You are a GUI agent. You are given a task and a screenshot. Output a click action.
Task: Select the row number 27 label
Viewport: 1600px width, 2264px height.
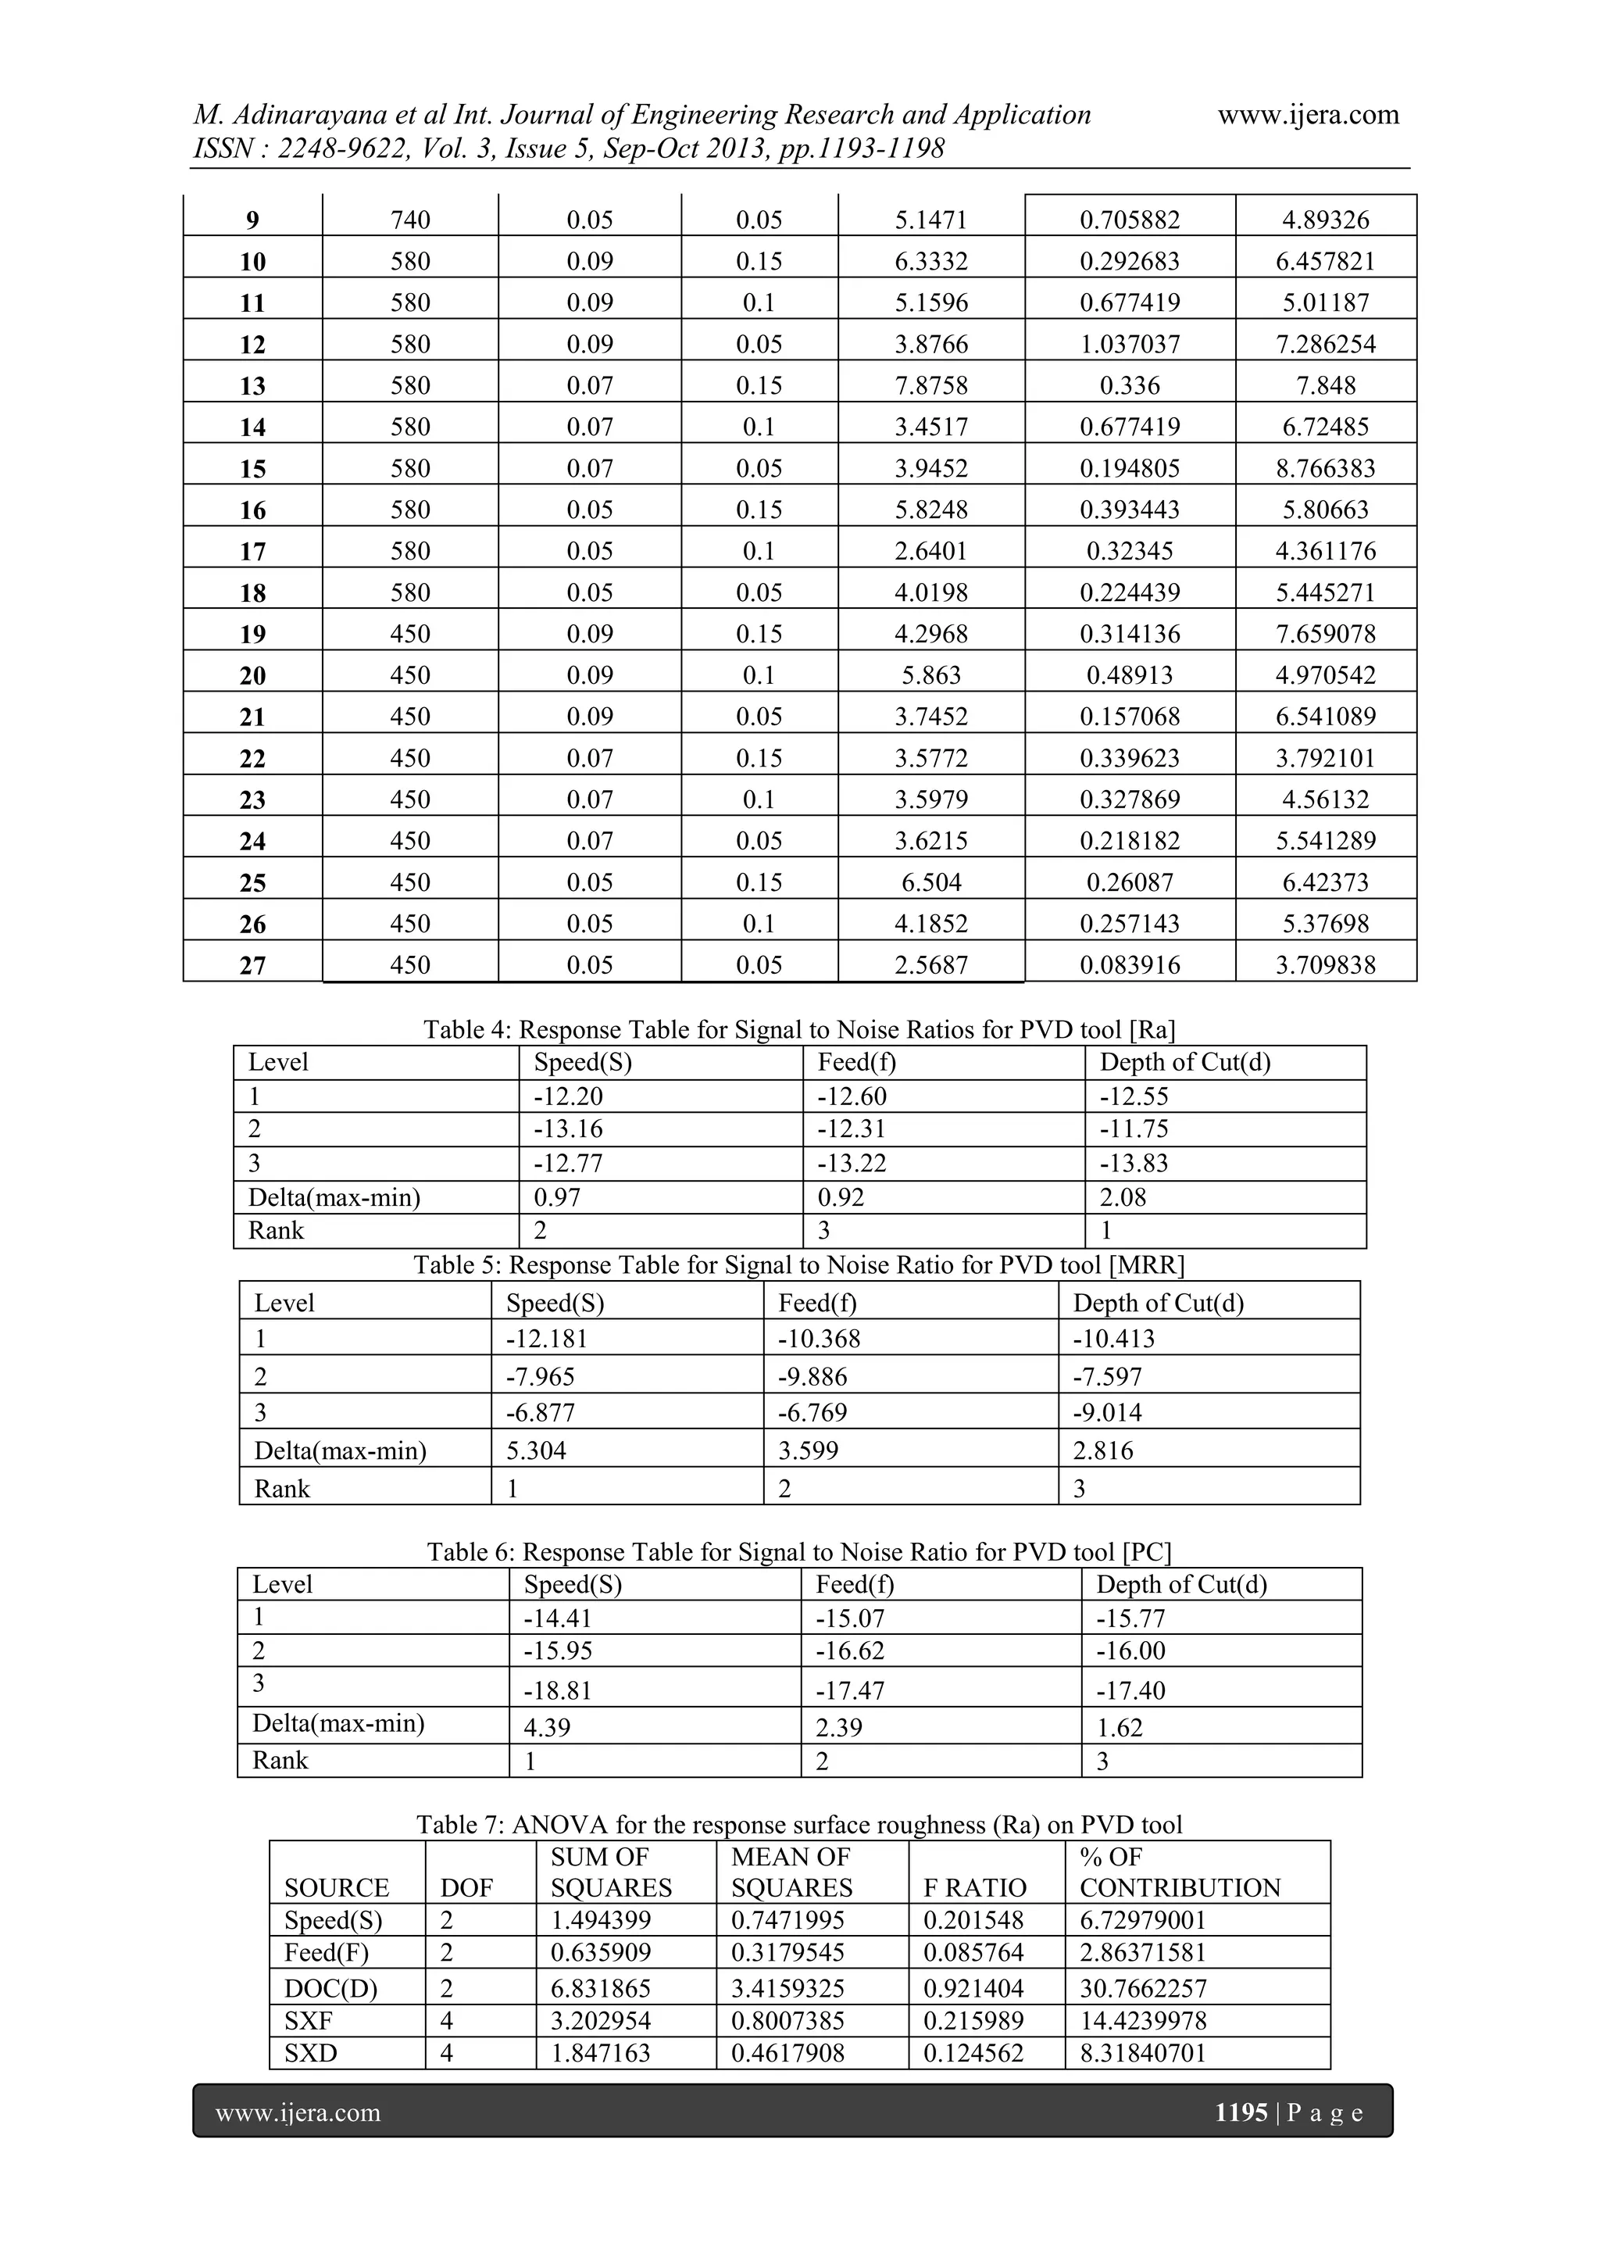[x=252, y=964]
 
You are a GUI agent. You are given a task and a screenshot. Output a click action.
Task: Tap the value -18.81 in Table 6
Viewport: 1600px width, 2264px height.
[x=558, y=1690]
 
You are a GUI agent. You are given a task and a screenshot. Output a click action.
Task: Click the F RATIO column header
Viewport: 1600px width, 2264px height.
[x=974, y=1887]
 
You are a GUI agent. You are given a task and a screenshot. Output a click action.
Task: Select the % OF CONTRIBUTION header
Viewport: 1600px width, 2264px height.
[x=1179, y=1872]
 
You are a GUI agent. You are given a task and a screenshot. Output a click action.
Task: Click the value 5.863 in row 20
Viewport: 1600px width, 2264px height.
[x=930, y=675]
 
